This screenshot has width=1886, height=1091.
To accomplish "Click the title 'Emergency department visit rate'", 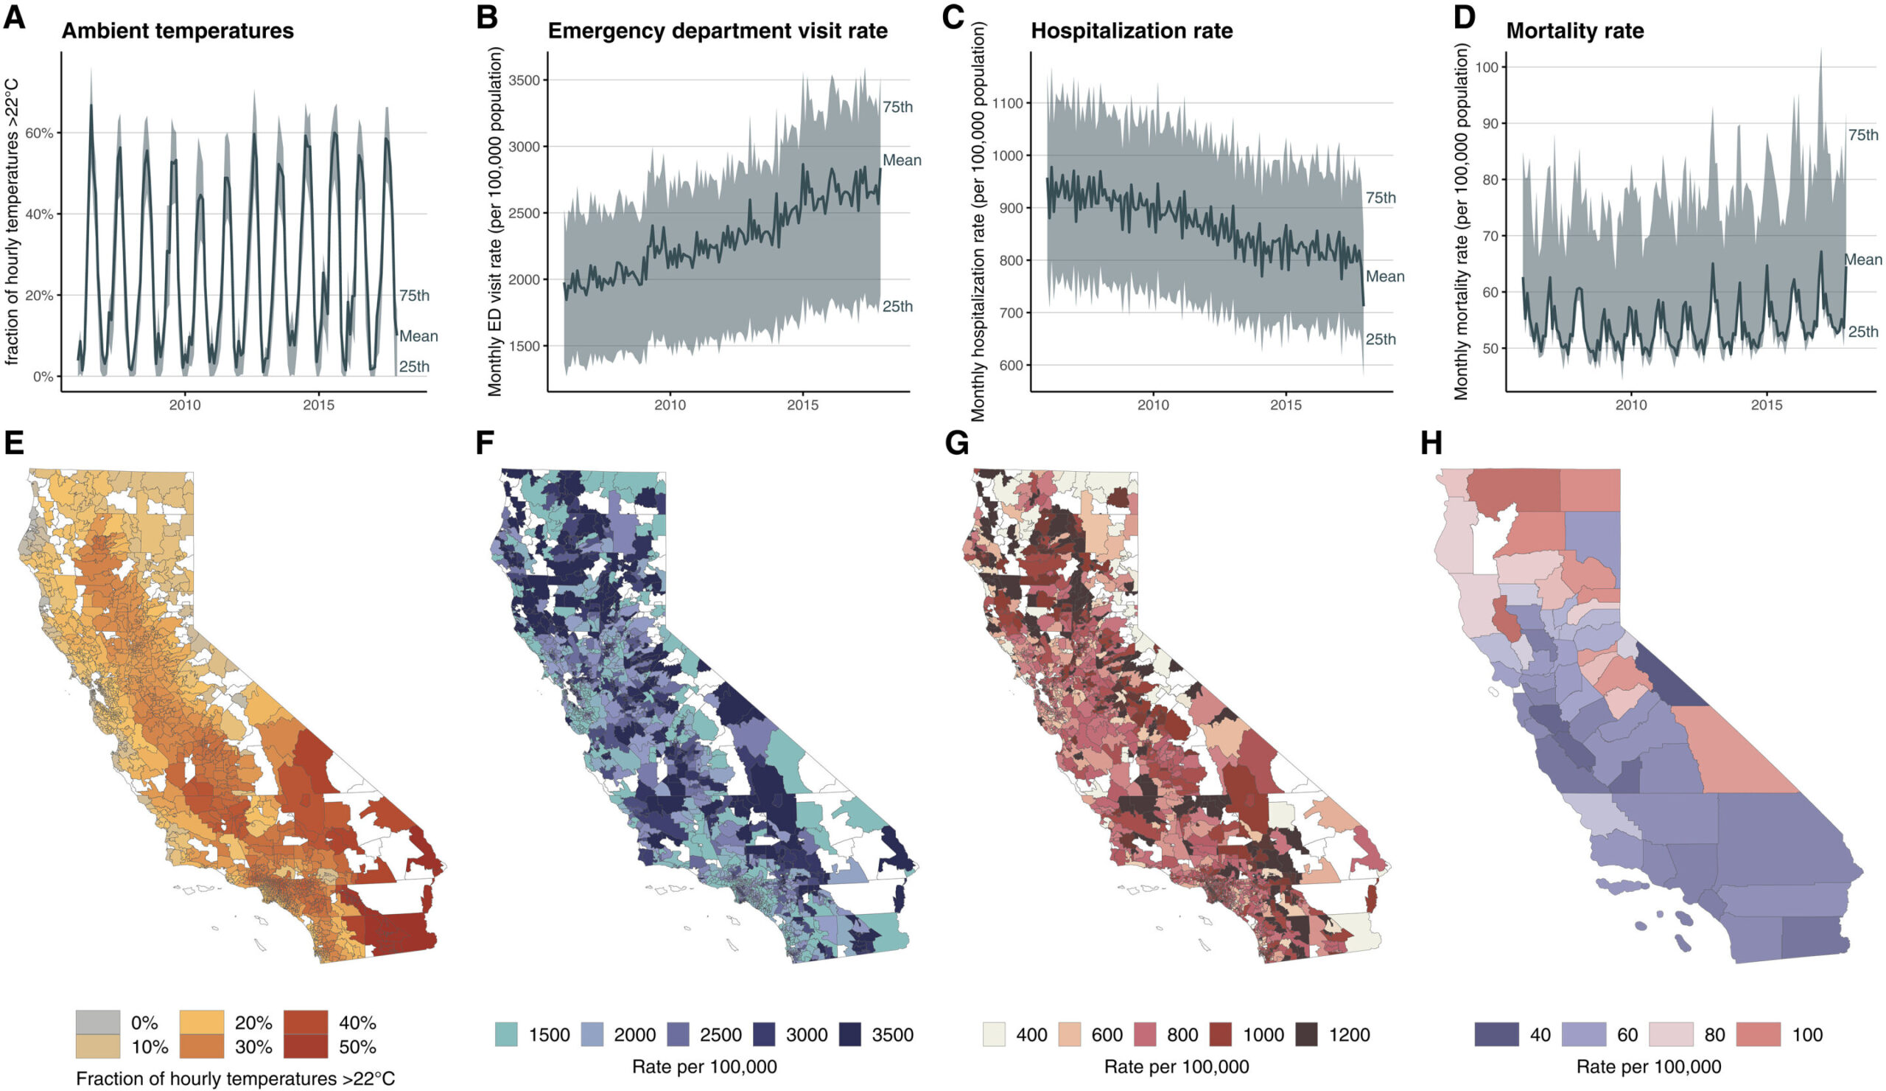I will click(717, 31).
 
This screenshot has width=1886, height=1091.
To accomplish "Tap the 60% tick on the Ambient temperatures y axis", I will click(40, 133).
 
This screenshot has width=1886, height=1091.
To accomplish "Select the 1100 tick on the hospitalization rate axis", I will click(1006, 102).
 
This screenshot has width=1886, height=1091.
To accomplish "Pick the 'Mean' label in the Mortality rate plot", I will click(1862, 259).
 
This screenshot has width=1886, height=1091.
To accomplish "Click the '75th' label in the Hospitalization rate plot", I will click(1380, 198).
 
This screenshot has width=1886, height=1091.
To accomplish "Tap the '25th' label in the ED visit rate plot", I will click(897, 306).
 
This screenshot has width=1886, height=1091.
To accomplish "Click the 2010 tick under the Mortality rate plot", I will click(1631, 405).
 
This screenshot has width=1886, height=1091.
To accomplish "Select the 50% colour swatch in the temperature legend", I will click(306, 1046).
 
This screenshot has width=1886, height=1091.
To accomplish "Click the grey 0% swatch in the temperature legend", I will click(97, 1022).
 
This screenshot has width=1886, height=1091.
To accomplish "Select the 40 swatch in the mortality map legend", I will click(1496, 1035).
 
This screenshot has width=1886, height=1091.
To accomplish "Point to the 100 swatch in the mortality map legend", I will click(1758, 1035).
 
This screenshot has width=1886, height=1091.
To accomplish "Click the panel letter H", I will click(1430, 443).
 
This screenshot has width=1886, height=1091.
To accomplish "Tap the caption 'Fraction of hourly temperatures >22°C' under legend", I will click(235, 1078).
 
